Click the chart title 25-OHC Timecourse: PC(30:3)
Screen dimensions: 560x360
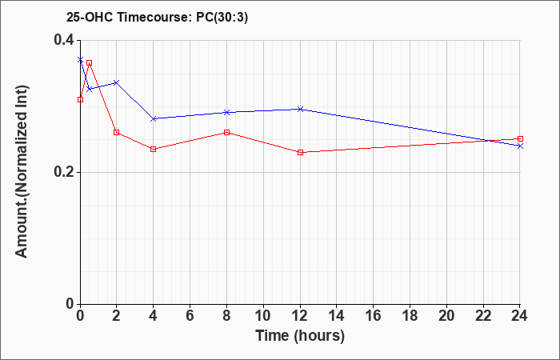tap(157, 17)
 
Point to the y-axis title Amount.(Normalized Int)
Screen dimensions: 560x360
tap(22, 172)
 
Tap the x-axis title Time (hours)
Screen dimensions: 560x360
tap(300, 336)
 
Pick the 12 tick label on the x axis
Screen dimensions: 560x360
tap(300, 316)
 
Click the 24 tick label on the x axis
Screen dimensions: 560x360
tap(519, 316)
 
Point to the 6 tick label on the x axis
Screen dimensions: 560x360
tap(190, 316)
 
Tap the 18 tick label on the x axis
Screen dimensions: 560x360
tap(410, 316)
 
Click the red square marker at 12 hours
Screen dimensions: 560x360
tap(300, 153)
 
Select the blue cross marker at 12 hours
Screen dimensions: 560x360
tap(300, 109)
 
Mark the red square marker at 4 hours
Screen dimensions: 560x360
tap(154, 150)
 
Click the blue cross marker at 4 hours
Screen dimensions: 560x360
tap(154, 118)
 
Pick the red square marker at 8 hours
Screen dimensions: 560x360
tap(226, 133)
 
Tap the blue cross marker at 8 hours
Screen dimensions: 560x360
tap(226, 113)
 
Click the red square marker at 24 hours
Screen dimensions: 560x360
tap(520, 139)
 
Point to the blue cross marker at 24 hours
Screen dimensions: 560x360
tap(520, 146)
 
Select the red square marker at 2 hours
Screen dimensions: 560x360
tap(117, 133)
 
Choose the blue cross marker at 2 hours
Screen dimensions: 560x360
tap(116, 83)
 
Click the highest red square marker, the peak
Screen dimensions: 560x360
tap(90, 63)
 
